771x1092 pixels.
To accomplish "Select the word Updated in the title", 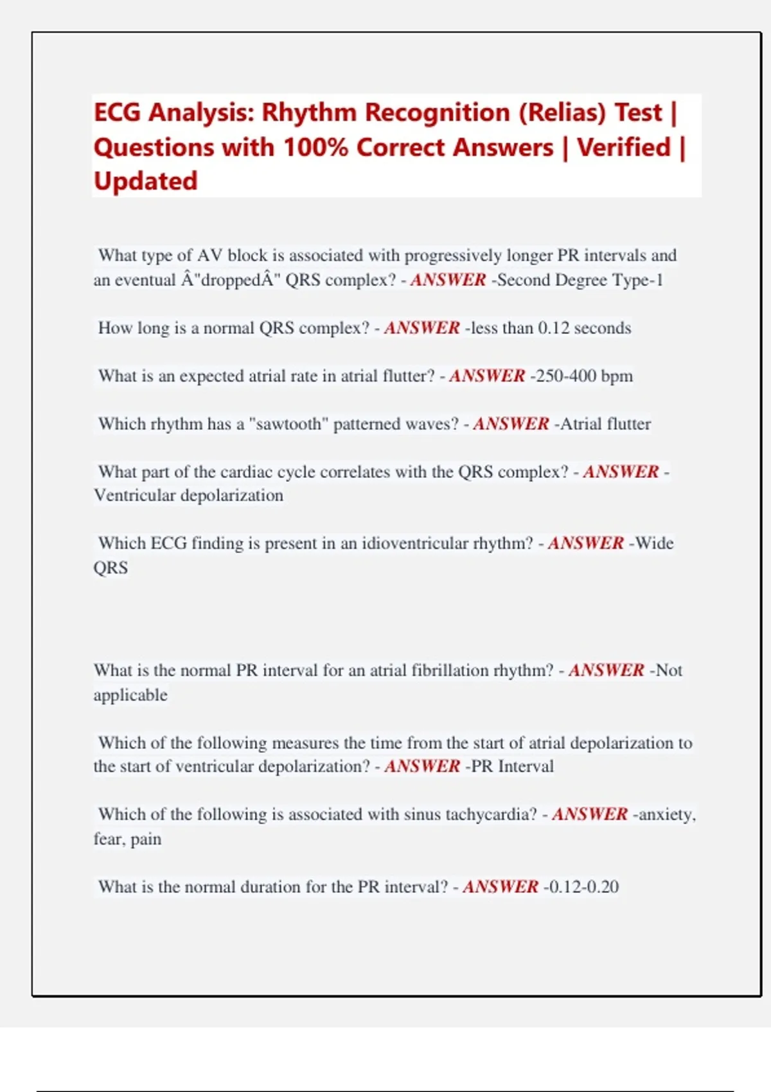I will pyautogui.click(x=146, y=181).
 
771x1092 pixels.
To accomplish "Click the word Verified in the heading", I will pyautogui.click(x=624, y=148).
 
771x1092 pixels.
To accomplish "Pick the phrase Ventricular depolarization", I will pyautogui.click(x=188, y=495).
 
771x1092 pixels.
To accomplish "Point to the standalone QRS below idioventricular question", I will pyautogui.click(x=111, y=568).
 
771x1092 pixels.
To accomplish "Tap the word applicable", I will pyautogui.click(x=130, y=695).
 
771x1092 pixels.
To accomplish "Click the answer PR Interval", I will pyautogui.click(x=512, y=766).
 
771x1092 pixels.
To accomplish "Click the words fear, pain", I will pyautogui.click(x=127, y=839).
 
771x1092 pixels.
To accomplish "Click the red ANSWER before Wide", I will pyautogui.click(x=585, y=543).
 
